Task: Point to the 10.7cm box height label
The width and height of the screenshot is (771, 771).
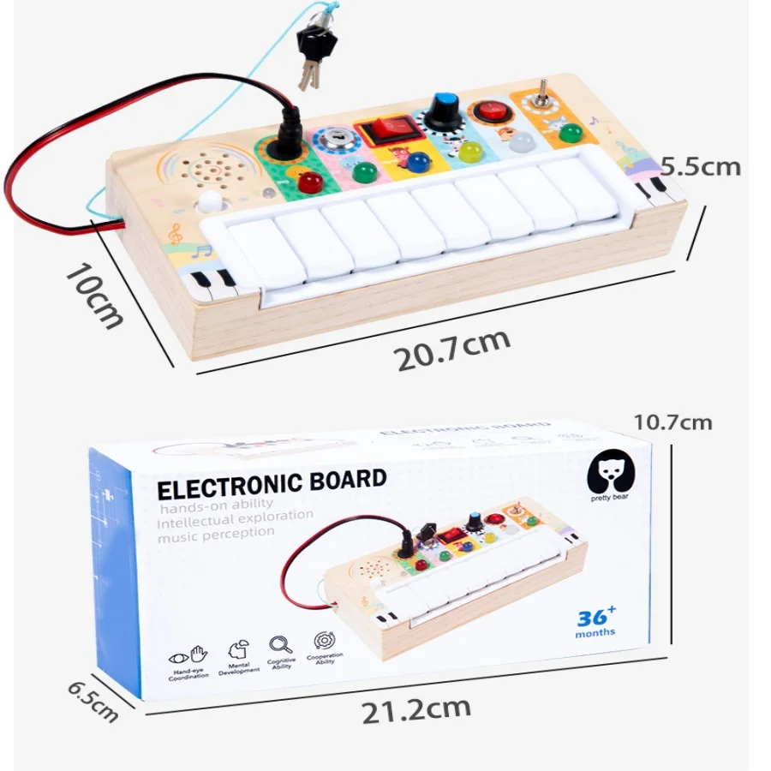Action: coord(672,421)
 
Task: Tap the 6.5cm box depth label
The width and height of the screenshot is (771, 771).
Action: coord(93,699)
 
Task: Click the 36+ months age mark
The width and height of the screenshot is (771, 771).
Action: coord(595,621)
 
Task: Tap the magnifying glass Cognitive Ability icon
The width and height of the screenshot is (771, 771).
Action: coord(280,644)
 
